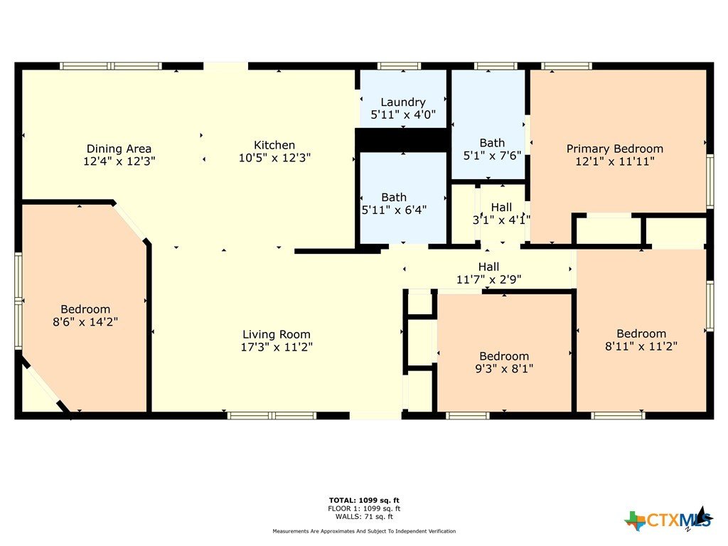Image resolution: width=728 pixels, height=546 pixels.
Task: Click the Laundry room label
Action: point(403,102)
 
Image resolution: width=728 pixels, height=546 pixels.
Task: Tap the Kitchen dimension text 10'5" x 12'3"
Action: point(274,158)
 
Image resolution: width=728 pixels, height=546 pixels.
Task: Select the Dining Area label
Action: point(119,149)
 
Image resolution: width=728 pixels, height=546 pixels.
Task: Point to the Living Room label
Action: point(277,334)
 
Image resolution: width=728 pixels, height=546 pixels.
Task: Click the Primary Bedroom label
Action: point(615,149)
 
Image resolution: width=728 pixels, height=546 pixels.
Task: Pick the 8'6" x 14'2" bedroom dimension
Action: point(85,322)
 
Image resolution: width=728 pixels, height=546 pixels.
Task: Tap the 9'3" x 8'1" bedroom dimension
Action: point(504,369)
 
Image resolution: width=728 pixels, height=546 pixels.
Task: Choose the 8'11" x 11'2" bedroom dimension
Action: point(641,346)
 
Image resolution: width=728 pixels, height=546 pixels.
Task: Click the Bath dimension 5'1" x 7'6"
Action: point(492,156)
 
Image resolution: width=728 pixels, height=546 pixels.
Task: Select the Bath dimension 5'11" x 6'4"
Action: point(394,210)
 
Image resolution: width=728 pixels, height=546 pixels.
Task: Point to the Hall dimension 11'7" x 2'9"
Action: point(489,279)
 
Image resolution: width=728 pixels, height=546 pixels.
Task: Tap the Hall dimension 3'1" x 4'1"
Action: point(501,220)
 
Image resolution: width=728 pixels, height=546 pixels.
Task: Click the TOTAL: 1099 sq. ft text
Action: point(364,500)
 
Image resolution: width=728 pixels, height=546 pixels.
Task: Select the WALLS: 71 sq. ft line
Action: point(364,516)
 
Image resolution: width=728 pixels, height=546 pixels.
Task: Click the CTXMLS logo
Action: point(669,519)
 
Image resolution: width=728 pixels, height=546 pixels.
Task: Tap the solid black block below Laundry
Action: point(402,140)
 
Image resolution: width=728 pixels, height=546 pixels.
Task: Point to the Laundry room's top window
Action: point(399,66)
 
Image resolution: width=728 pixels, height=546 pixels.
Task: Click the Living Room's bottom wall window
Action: point(272,415)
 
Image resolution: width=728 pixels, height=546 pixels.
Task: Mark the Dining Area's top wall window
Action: point(111,66)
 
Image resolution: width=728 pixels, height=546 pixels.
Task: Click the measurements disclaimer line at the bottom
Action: point(364,531)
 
